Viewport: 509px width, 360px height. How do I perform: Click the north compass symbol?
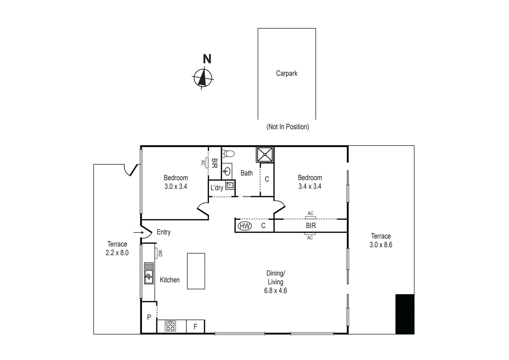pyautogui.click(x=202, y=78)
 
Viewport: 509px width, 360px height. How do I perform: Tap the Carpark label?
pyautogui.click(x=286, y=73)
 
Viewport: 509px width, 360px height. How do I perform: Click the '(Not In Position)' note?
pyautogui.click(x=287, y=127)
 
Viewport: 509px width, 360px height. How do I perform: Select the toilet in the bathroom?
pyautogui.click(x=229, y=154)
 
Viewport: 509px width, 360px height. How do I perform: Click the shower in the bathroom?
pyautogui.click(x=265, y=154)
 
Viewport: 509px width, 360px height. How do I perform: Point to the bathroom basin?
pyautogui.click(x=227, y=171)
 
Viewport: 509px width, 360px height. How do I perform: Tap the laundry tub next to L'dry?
pyautogui.click(x=230, y=185)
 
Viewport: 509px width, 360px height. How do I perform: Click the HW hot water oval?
pyautogui.click(x=245, y=226)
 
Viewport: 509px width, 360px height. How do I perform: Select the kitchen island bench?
pyautogui.click(x=196, y=271)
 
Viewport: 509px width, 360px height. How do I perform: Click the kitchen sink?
pyautogui.click(x=149, y=273)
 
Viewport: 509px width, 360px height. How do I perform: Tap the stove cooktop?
pyautogui.click(x=171, y=326)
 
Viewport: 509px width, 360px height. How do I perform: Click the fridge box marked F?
pyautogui.click(x=195, y=327)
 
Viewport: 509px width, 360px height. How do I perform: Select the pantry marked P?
pyautogui.click(x=149, y=317)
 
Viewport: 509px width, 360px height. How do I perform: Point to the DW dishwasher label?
pyautogui.click(x=160, y=253)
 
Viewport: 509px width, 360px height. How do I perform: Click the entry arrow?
pyautogui.click(x=138, y=232)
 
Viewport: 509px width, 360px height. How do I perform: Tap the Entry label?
pyautogui.click(x=164, y=232)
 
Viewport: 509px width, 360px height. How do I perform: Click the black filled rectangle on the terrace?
pyautogui.click(x=405, y=314)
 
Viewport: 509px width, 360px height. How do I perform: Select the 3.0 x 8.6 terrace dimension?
pyautogui.click(x=381, y=245)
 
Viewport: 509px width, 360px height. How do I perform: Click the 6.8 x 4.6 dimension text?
pyautogui.click(x=275, y=291)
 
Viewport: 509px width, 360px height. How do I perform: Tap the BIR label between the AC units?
pyautogui.click(x=311, y=226)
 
